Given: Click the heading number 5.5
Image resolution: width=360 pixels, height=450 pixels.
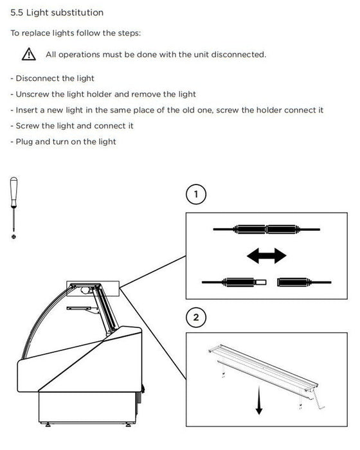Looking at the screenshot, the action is click(17, 13).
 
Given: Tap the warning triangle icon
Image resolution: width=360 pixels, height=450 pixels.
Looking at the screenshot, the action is click(29, 54).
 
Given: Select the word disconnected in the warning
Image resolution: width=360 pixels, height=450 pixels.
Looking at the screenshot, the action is click(239, 54).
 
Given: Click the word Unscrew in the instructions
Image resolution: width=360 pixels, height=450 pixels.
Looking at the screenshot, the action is click(32, 94).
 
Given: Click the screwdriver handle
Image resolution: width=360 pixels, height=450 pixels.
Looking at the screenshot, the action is click(14, 192).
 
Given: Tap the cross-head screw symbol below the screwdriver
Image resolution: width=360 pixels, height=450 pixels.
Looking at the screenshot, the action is click(14, 237).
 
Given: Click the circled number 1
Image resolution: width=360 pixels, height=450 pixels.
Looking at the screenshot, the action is click(196, 194).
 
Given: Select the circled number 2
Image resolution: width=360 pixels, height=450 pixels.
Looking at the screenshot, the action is click(196, 318).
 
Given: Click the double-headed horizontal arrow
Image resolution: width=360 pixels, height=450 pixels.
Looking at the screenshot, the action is click(266, 255).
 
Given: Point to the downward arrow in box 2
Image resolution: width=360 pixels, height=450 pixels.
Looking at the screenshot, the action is click(259, 400).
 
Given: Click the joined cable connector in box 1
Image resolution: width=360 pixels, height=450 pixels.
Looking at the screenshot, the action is click(266, 230).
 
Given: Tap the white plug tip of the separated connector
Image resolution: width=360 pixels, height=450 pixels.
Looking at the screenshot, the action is click(260, 282).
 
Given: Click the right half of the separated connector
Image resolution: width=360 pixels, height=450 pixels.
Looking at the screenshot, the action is click(304, 282).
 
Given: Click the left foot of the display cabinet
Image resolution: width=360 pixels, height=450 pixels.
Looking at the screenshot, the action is click(48, 424).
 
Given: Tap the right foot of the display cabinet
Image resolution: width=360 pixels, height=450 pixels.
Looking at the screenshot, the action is click(129, 424).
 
